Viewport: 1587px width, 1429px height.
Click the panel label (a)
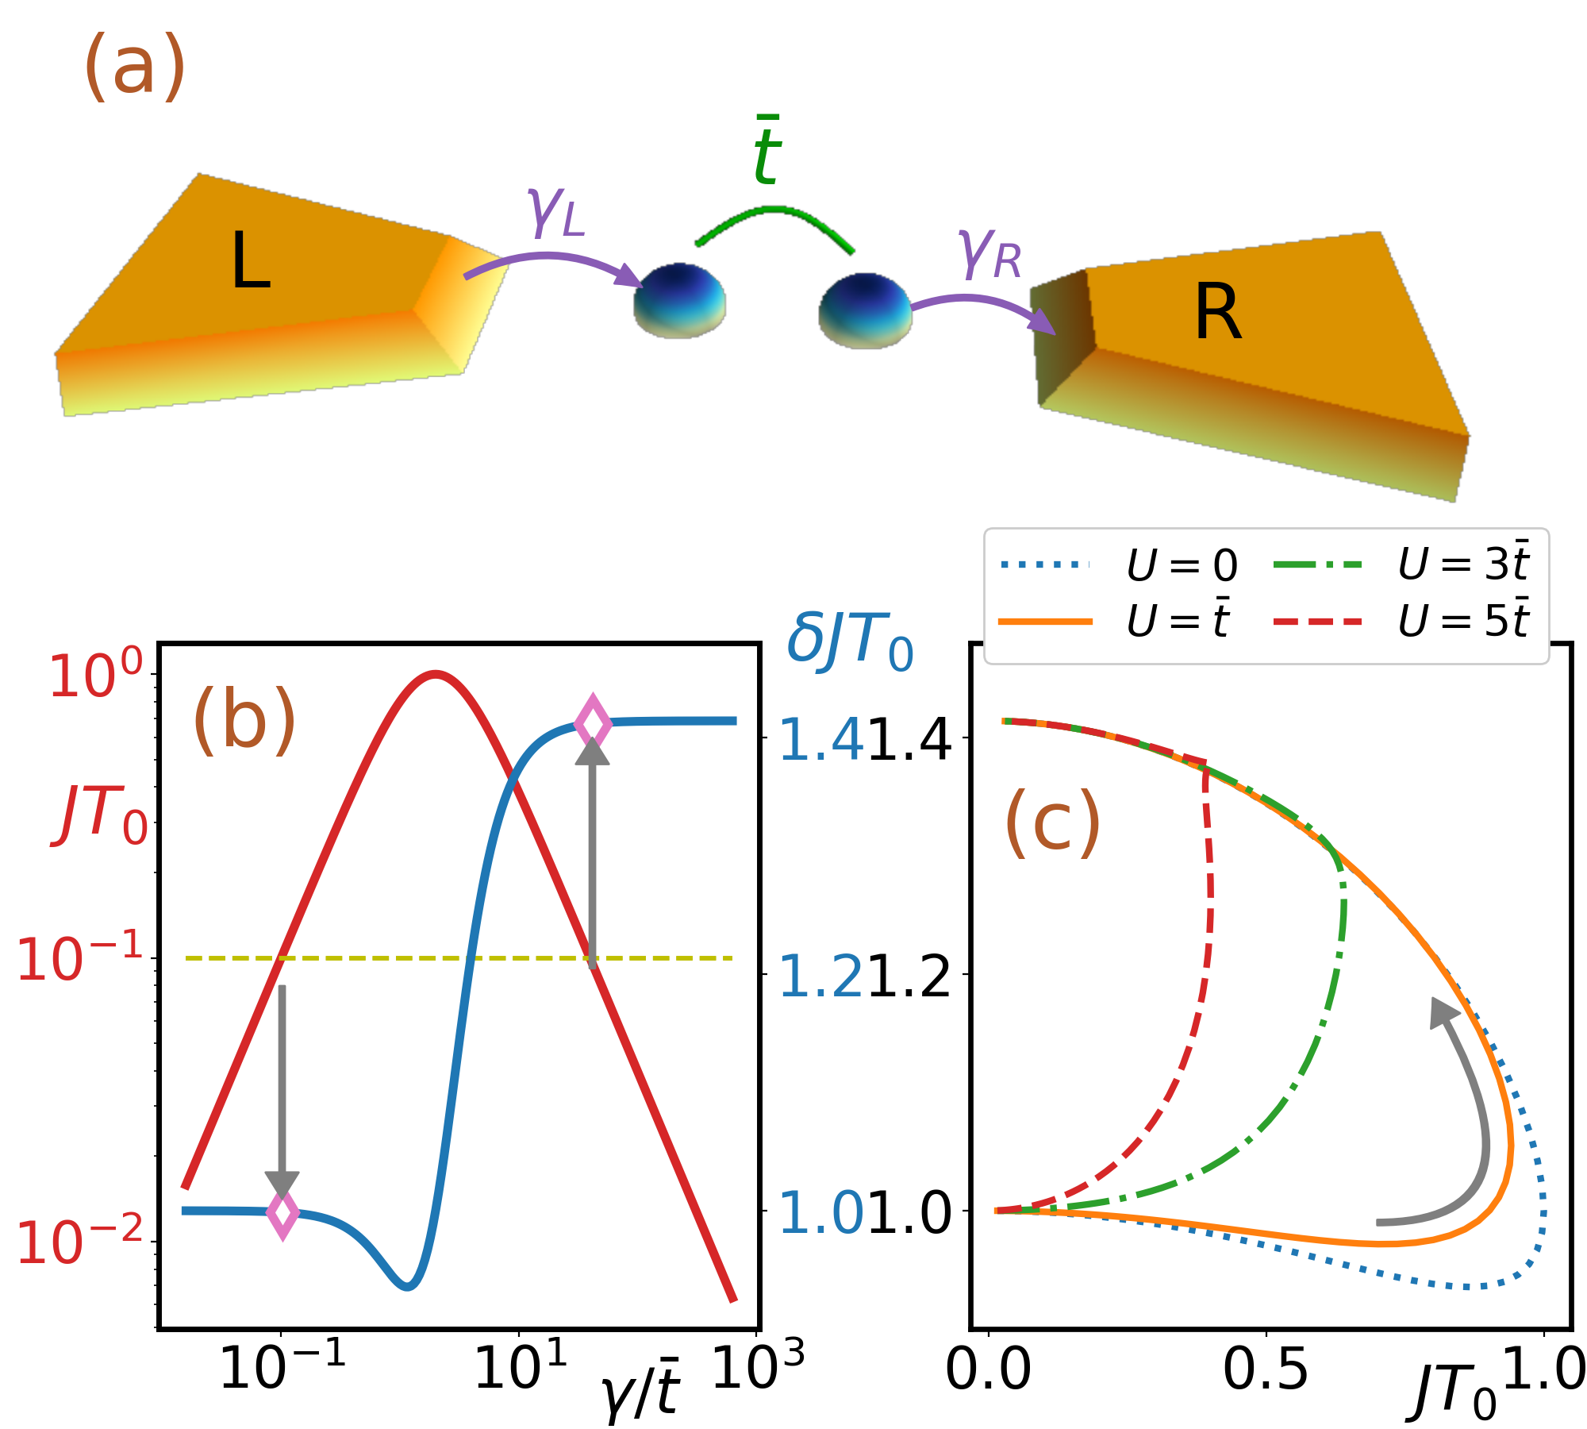tap(134, 67)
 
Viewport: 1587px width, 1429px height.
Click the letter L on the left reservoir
tap(251, 261)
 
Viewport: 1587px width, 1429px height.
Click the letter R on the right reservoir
tap(1217, 314)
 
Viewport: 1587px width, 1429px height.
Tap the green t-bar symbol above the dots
tap(767, 151)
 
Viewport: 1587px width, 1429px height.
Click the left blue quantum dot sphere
tap(679, 300)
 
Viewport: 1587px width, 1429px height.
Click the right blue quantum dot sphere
tap(865, 310)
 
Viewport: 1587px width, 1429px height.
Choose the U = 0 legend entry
tap(1119, 565)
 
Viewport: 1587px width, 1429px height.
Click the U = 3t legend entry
tap(1401, 565)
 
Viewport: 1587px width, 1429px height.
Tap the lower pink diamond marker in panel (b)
tap(282, 1213)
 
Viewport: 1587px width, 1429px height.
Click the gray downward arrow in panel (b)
tap(282, 1096)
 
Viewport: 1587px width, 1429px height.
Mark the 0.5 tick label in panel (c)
tap(1265, 1369)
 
